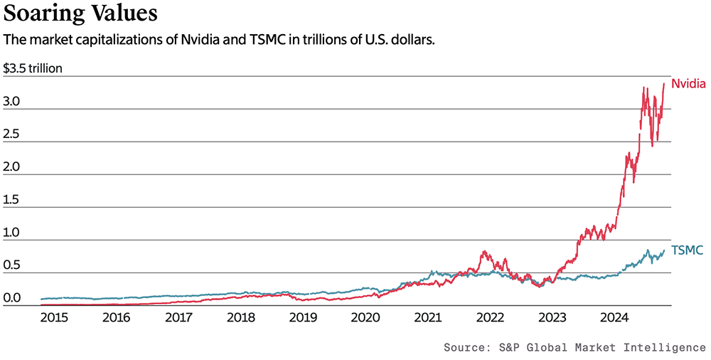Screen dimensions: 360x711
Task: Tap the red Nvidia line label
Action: [x=688, y=84]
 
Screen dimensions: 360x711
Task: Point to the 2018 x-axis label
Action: [x=240, y=318]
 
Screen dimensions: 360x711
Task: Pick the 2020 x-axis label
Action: [x=365, y=318]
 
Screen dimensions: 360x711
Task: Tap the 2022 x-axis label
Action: [x=491, y=318]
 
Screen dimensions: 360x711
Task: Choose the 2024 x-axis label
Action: [x=614, y=318]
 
